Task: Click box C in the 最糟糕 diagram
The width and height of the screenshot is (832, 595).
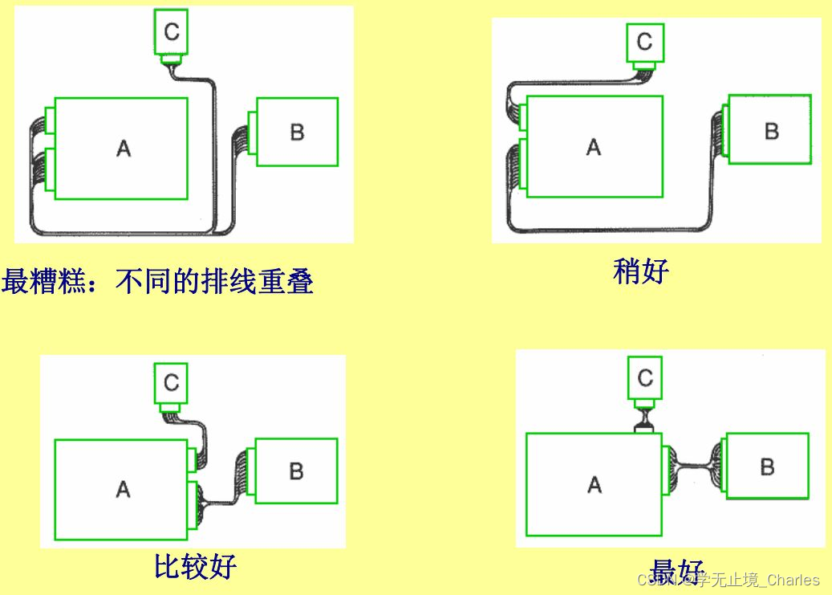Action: (172, 33)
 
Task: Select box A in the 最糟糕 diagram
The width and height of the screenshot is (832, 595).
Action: (123, 149)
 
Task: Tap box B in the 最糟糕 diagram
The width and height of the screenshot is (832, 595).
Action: (297, 132)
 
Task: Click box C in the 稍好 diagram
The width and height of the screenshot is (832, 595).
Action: (644, 42)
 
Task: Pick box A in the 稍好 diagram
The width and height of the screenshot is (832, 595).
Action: (594, 147)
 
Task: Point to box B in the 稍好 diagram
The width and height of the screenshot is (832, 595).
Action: (769, 130)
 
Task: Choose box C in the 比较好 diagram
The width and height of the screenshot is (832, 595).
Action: (171, 383)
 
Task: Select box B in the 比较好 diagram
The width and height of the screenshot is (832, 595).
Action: (295, 471)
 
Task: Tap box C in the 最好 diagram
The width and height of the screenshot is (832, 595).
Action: (645, 377)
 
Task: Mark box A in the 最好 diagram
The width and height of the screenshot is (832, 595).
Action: (594, 484)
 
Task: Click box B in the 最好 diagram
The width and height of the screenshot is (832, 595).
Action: (767, 466)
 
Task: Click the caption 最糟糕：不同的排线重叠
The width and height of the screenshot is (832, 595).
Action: (157, 281)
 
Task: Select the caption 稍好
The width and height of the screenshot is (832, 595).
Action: (640, 271)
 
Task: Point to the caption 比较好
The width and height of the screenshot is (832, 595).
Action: (195, 566)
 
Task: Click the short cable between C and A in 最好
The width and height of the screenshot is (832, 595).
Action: (645, 418)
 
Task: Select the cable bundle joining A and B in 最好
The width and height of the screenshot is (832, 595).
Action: (694, 465)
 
